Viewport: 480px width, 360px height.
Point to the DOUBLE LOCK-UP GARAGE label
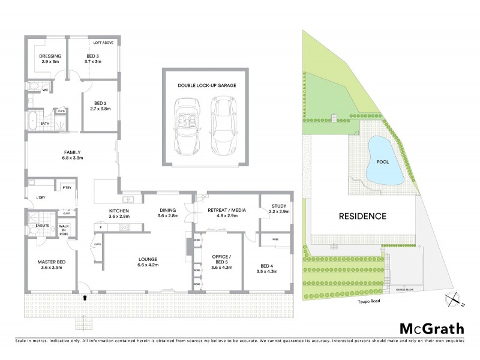(206, 86)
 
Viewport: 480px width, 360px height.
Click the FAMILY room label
(72, 152)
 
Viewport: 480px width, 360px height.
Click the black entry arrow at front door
(85, 296)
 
